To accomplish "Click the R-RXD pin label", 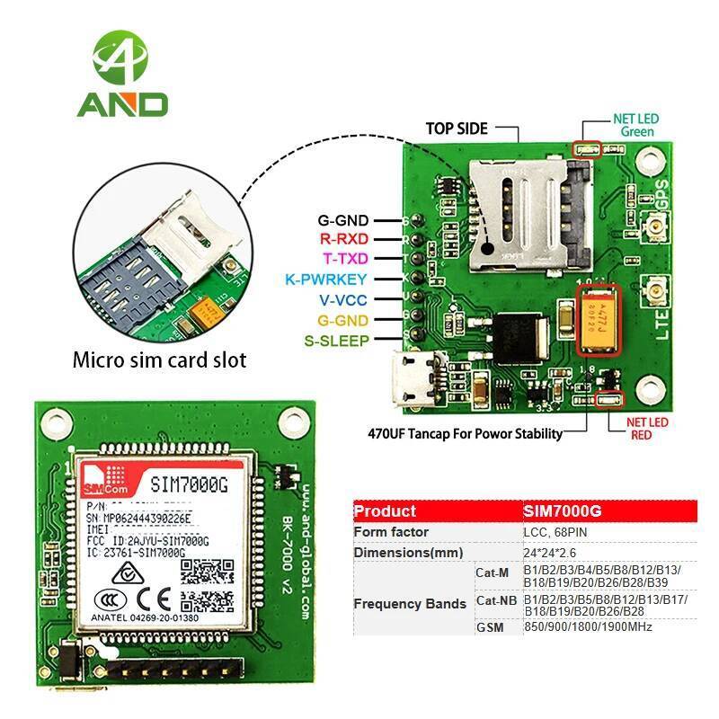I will [340, 239].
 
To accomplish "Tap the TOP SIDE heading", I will [457, 129].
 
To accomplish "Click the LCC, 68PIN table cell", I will [559, 531].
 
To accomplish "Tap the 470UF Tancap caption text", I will [466, 433].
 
